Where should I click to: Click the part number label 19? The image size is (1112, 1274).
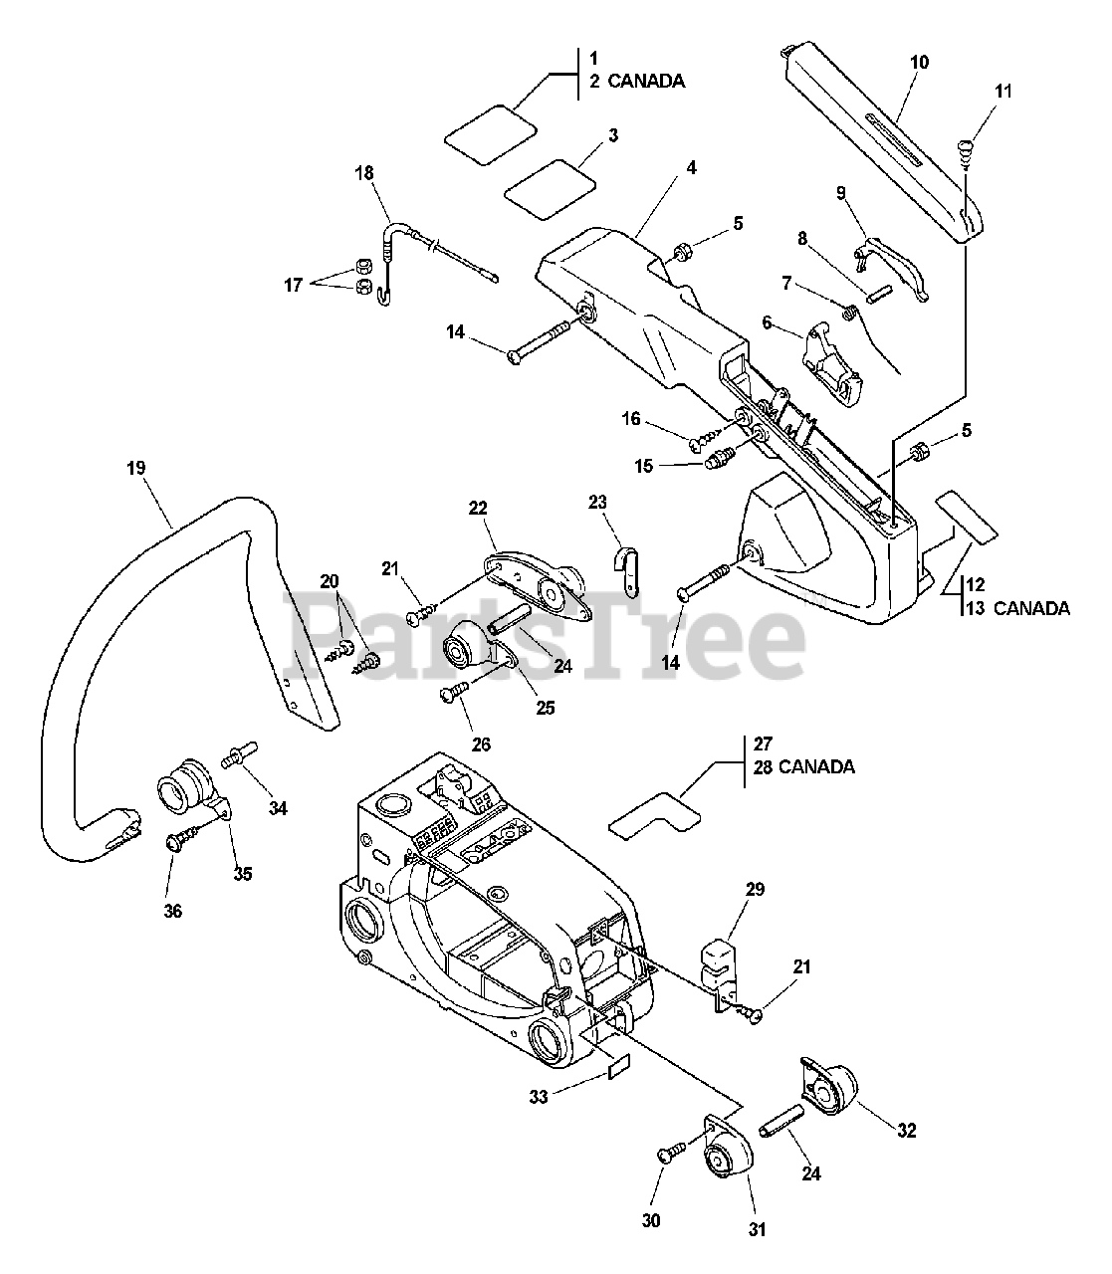(x=136, y=467)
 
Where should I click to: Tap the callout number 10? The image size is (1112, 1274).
(x=919, y=62)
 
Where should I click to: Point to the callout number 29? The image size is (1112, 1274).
(x=755, y=889)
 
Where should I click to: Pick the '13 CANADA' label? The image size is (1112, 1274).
(x=1017, y=607)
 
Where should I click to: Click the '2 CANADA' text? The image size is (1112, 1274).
(x=636, y=82)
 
